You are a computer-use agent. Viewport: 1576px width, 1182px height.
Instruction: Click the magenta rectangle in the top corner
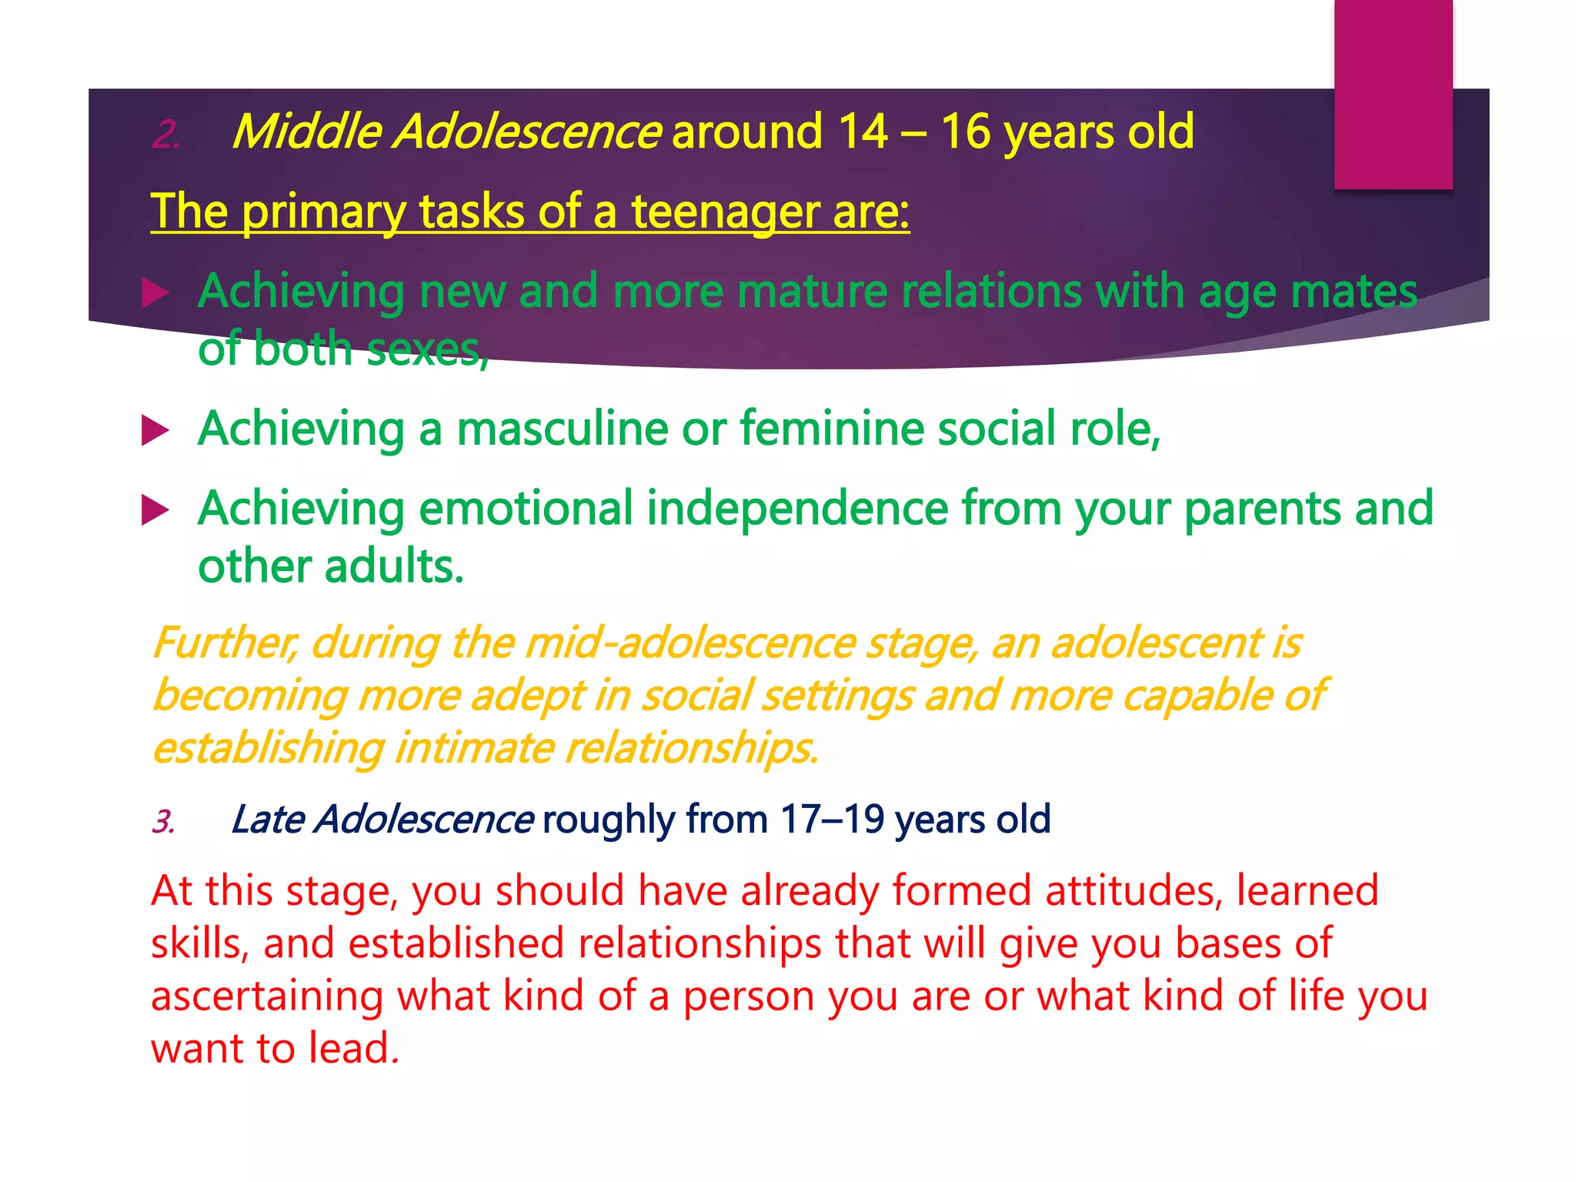[x=1393, y=94]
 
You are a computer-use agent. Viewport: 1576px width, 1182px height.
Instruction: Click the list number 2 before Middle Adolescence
[x=165, y=135]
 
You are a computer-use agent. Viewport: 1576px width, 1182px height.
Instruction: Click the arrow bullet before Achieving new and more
[x=155, y=293]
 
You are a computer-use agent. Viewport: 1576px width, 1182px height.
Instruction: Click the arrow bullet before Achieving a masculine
[x=155, y=430]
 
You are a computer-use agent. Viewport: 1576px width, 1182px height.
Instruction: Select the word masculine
[x=562, y=429]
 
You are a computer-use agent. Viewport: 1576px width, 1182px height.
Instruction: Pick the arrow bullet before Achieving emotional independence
[x=155, y=510]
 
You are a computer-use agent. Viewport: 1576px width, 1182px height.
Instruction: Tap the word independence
[x=796, y=509]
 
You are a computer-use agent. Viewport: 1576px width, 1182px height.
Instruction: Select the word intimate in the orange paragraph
[x=473, y=747]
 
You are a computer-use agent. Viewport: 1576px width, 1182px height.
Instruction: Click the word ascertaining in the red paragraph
[x=266, y=996]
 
